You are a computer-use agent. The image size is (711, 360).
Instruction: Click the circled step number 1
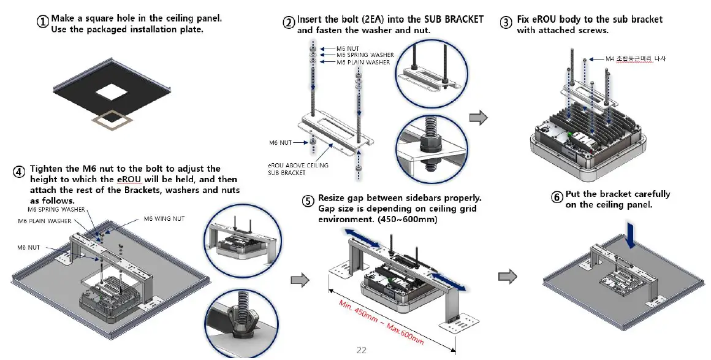(43, 22)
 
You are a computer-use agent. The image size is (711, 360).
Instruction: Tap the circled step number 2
(289, 23)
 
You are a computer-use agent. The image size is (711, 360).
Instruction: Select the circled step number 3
(506, 23)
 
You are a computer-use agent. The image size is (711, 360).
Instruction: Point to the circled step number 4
(20, 173)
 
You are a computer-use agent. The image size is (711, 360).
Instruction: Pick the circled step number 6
(557, 197)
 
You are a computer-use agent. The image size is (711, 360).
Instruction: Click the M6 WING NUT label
(164, 218)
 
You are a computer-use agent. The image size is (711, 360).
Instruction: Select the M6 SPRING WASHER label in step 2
(365, 55)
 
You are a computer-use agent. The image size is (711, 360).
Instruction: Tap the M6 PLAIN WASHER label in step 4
(44, 221)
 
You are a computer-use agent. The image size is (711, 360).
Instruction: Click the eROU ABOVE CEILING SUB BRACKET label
(298, 169)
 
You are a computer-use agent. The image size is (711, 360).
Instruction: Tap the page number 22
(362, 350)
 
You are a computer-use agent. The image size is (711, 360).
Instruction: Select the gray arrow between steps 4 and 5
(298, 280)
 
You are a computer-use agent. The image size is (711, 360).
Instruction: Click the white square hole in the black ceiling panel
(112, 92)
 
